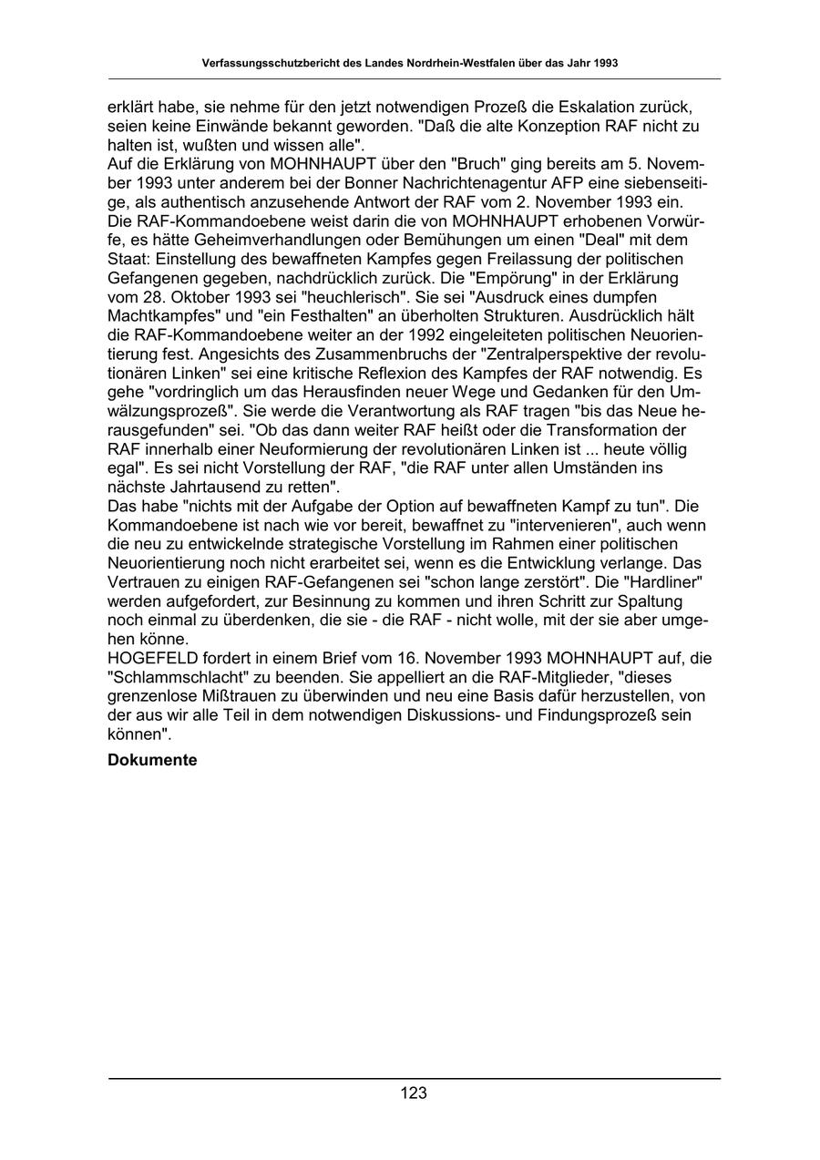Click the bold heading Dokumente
pyautogui.click(x=152, y=759)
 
